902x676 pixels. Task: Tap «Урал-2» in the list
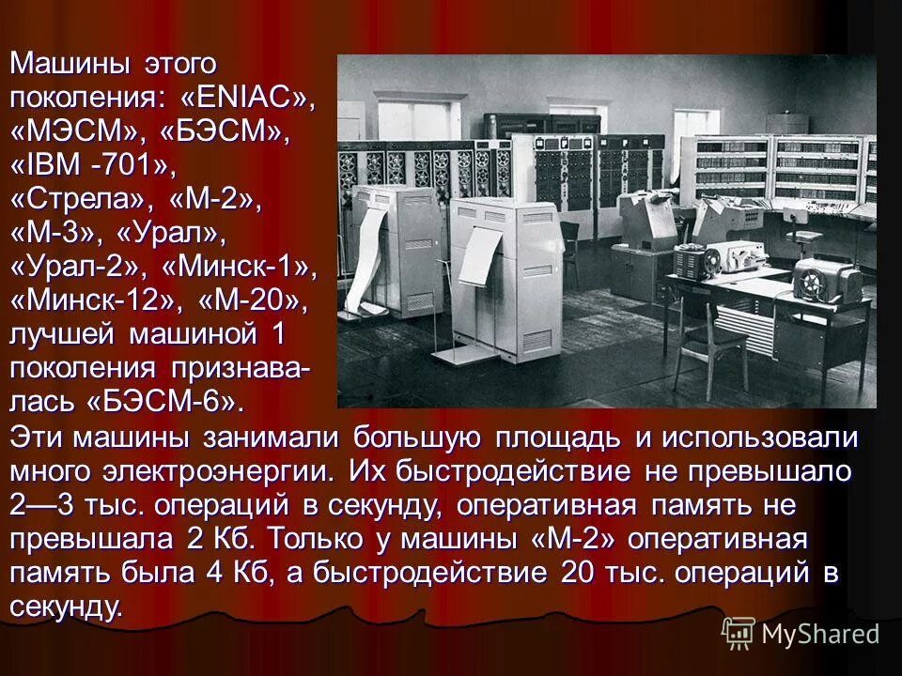(79, 268)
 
